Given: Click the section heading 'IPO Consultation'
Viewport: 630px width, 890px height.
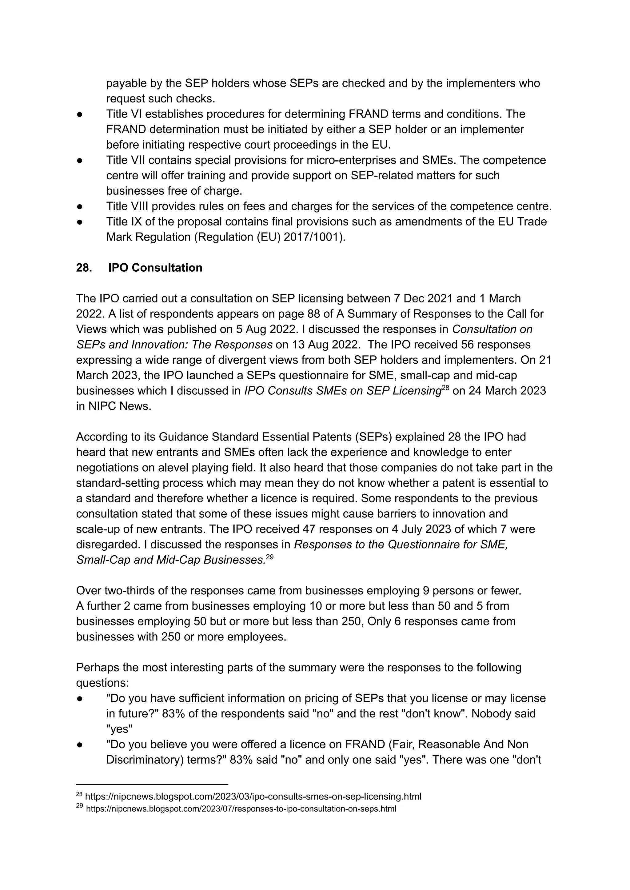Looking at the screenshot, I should [155, 268].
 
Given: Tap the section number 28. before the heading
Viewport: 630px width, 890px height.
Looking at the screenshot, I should [84, 268].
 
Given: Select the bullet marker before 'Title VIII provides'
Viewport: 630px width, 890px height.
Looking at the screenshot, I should [80, 206].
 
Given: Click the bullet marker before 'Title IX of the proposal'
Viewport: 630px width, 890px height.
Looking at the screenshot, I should [80, 222].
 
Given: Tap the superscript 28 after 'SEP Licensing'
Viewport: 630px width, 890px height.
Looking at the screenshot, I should [445, 388].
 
